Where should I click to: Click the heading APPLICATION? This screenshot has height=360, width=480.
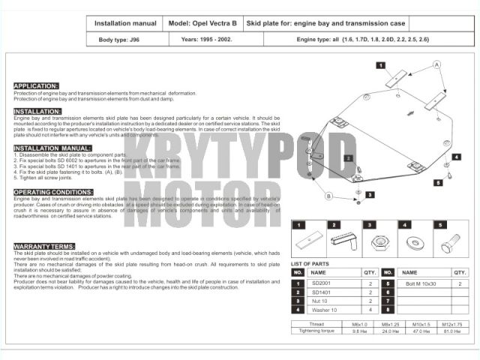tap(36, 86)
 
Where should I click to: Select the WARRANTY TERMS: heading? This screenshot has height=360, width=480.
tap(44, 246)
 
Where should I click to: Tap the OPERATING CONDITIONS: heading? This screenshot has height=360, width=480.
tap(53, 192)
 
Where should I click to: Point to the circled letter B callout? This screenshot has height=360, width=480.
tap(328, 196)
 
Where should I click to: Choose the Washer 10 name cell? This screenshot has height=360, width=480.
tap(324, 310)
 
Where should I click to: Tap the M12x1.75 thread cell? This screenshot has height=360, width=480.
tap(451, 324)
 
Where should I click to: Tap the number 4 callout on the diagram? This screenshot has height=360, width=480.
tap(457, 157)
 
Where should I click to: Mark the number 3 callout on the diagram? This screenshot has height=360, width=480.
tap(370, 194)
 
